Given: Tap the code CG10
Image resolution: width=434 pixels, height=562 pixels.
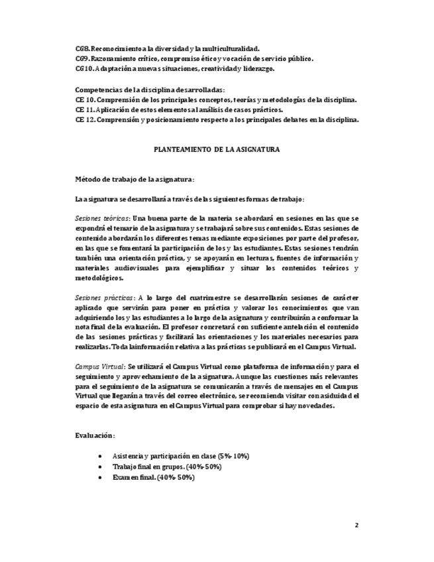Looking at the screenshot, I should pos(83,68).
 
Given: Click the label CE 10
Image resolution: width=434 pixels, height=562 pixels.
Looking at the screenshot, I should pos(85,100).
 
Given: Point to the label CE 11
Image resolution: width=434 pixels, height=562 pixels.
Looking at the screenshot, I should pos(85,110).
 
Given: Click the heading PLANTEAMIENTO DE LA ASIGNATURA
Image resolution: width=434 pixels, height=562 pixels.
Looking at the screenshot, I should pos(217,150).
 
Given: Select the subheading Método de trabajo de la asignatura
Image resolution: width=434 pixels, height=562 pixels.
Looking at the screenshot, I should pos(135,180).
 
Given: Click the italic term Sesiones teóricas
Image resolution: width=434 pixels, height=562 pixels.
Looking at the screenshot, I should pos(102,218).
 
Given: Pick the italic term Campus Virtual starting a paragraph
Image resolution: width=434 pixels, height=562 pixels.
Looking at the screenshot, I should pos(99,366).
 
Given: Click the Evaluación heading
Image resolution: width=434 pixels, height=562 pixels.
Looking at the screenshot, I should pos(95,435).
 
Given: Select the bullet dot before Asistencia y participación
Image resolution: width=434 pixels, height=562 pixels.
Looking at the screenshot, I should pos(99,457).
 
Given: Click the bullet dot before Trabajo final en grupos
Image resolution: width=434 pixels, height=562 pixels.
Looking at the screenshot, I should pos(99,467).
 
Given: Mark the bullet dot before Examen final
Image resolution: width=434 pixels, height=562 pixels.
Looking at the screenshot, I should pos(99,477).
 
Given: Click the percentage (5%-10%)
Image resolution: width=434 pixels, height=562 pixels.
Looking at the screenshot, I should pos(233,457).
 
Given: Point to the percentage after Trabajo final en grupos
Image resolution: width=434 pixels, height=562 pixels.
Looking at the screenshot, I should pos(204,467).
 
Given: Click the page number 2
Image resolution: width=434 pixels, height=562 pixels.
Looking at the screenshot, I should pos(356,526).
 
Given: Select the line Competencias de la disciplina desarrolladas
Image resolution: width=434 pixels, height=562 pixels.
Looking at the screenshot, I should pos(150,89).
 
